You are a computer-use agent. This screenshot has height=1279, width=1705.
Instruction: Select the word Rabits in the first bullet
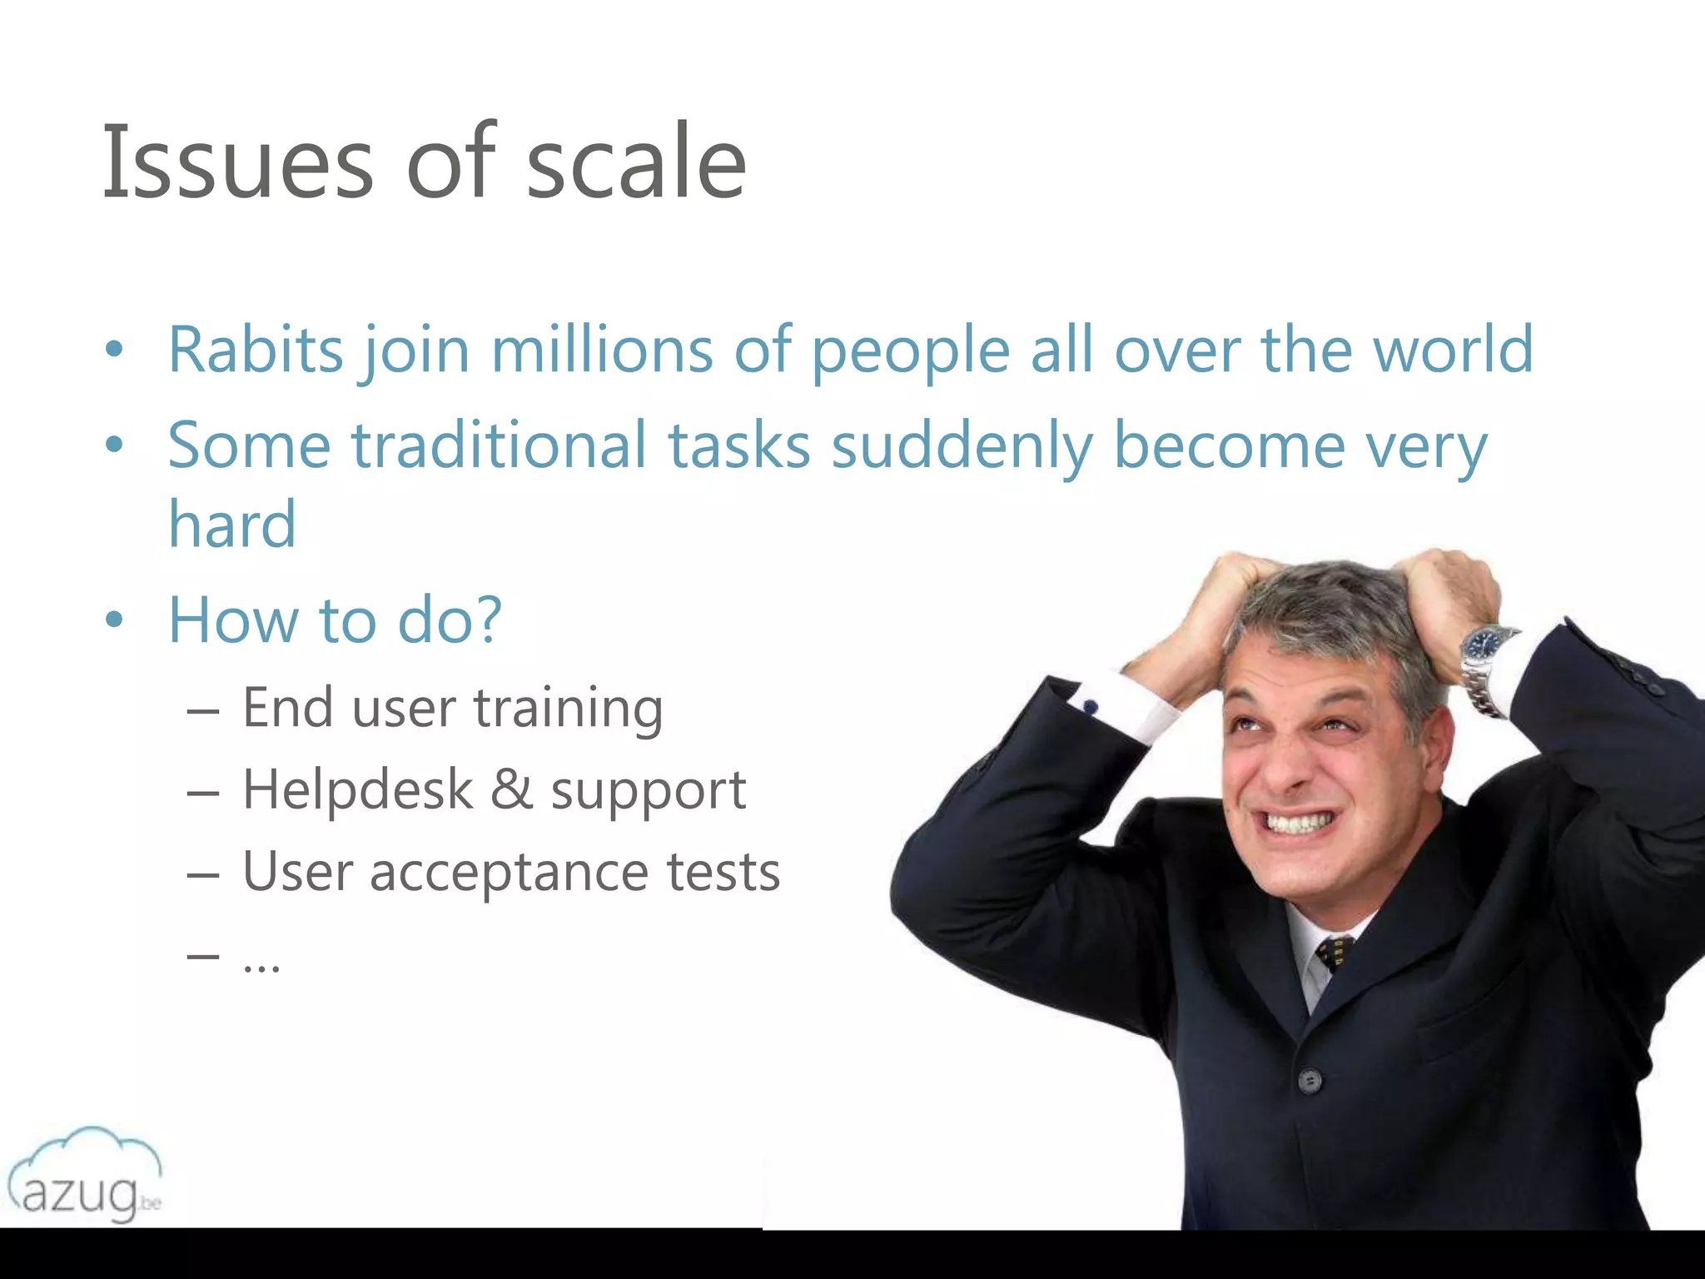(255, 350)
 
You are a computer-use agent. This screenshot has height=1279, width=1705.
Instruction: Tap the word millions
(602, 350)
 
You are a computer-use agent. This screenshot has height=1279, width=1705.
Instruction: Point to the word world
(1452, 350)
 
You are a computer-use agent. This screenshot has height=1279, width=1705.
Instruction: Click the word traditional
(499, 445)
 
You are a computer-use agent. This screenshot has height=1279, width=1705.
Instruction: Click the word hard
(232, 525)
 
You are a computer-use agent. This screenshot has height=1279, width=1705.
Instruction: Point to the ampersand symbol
(511, 789)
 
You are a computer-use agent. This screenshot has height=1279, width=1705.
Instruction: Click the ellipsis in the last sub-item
(261, 966)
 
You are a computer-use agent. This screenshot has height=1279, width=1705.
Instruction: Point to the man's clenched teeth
(1300, 824)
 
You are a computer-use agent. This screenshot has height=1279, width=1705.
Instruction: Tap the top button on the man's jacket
(1310, 1081)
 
